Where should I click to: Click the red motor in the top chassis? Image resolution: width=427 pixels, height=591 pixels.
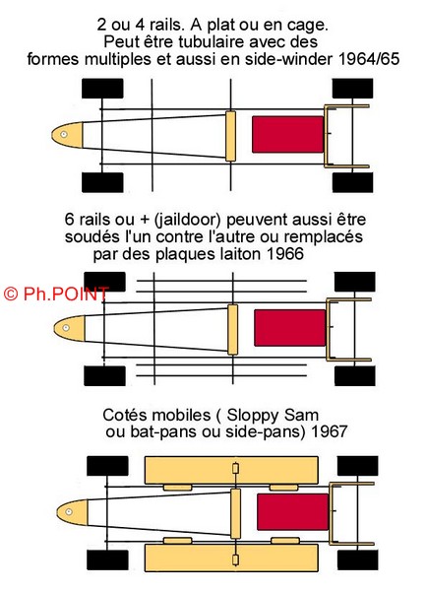tap(288, 135)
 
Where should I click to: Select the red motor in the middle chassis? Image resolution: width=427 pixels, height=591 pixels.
tap(290, 328)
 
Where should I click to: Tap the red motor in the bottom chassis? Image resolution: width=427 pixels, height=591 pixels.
tap(293, 512)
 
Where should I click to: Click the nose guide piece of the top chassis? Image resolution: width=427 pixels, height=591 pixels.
tap(67, 135)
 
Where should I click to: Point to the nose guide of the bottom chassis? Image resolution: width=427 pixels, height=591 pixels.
tap(72, 512)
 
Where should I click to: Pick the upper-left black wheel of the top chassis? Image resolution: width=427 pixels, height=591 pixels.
tap(102, 89)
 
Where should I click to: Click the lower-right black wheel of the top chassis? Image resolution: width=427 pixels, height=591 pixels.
tap(352, 182)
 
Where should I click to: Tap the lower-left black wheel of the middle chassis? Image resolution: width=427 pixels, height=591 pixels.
tap(104, 376)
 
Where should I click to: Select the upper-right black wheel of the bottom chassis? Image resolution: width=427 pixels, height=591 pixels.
tap(357, 466)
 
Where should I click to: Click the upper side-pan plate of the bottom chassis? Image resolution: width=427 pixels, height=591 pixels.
tap(231, 470)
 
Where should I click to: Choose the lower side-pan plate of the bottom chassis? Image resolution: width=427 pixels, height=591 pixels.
tap(231, 558)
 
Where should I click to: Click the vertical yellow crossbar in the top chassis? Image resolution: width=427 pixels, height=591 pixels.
tap(231, 136)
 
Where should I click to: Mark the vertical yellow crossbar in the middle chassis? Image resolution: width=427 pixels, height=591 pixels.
tap(233, 330)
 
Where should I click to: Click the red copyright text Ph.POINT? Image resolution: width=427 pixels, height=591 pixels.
tap(56, 294)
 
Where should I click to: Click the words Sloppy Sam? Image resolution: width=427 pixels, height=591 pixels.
tap(273, 415)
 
